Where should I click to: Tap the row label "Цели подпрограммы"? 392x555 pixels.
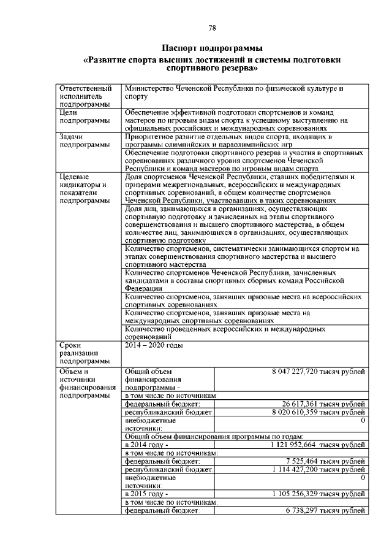80,117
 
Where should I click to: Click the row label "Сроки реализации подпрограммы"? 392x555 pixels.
80,353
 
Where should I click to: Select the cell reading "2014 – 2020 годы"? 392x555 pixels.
154,345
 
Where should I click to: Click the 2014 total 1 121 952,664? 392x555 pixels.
293,444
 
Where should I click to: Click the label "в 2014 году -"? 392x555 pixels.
146,444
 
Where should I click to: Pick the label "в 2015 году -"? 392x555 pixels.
146,493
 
